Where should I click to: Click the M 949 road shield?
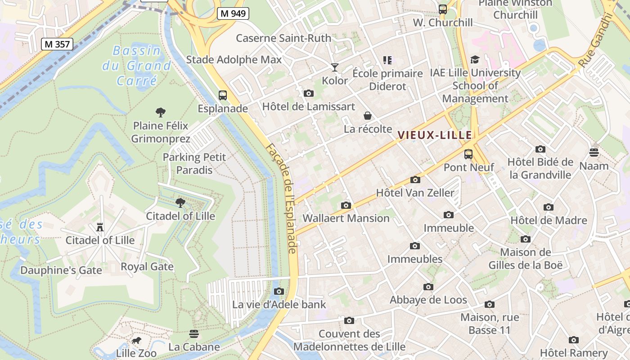pos(233,13)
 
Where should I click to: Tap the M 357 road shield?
pos(57,44)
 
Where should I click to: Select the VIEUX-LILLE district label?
pos(435,135)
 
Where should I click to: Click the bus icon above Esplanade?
pos(223,95)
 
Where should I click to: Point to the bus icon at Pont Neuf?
pos(468,154)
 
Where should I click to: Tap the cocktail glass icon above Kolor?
pos(334,67)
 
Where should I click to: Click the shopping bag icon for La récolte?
pos(368,116)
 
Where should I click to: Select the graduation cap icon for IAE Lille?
pos(475,60)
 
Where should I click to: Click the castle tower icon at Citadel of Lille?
pos(100,227)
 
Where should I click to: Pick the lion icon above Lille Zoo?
pos(136,341)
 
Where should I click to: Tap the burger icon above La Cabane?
pos(194,334)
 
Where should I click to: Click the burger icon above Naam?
pos(594,153)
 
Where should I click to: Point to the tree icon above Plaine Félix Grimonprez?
pos(160,112)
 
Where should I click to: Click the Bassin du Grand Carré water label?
pos(137,66)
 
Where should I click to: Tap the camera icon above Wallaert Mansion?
pos(346,205)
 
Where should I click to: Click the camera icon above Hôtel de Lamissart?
pos(308,93)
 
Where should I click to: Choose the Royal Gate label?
pos(147,266)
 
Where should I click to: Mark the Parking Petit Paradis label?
pos(194,163)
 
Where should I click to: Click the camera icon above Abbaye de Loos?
pos(428,287)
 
